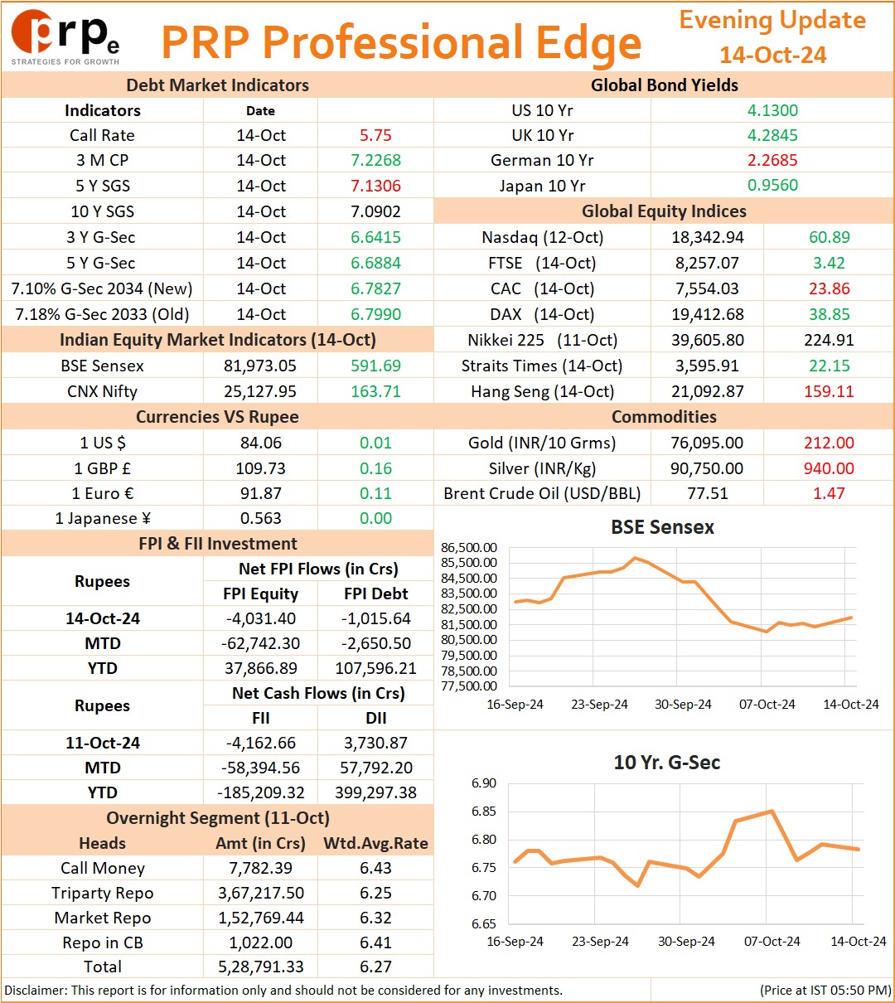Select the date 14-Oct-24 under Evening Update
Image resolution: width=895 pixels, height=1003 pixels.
click(x=772, y=55)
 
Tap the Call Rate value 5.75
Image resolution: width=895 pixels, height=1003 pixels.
click(x=375, y=135)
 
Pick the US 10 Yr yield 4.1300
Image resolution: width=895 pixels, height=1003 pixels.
click(x=772, y=110)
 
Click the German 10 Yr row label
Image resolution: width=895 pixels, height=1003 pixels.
click(x=542, y=160)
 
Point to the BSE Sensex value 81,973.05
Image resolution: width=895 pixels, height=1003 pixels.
click(x=260, y=366)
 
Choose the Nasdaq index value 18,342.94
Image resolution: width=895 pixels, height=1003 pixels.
click(x=708, y=237)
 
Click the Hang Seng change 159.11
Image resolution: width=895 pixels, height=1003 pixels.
click(x=829, y=391)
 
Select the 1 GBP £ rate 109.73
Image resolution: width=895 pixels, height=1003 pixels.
click(x=260, y=468)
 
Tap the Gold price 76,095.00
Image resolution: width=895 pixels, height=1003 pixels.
click(x=707, y=442)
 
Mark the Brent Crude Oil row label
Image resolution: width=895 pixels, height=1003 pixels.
click(x=542, y=493)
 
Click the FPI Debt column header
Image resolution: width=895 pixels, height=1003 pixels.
click(x=375, y=593)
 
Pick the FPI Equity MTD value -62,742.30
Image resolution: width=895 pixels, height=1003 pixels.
click(x=260, y=643)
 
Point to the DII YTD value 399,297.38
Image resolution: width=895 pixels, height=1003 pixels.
click(x=375, y=792)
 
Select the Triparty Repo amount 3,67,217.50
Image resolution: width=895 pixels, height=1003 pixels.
click(x=261, y=893)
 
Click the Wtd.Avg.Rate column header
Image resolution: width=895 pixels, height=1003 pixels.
click(x=375, y=842)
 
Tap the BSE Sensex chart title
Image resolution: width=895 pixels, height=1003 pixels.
click(x=662, y=526)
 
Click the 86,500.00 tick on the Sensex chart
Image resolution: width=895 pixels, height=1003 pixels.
click(x=468, y=547)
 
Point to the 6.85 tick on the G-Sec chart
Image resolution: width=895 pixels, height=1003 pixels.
click(x=483, y=811)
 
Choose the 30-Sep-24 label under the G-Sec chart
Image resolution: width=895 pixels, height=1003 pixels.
click(x=686, y=941)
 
